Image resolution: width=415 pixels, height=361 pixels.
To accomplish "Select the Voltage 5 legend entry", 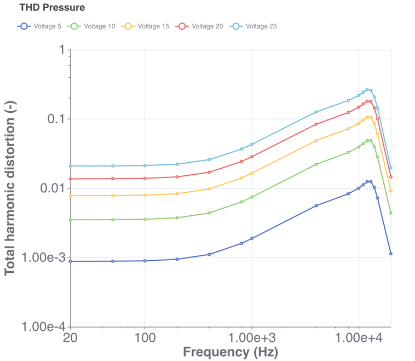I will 39,26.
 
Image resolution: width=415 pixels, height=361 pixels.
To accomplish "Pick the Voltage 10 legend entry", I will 93,26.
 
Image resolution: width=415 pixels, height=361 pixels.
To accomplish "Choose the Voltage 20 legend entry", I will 201,26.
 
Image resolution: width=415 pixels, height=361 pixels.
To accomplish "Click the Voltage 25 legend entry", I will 255,26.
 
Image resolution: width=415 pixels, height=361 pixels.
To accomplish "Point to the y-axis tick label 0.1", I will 54,119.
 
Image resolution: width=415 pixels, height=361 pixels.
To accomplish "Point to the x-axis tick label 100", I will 145,337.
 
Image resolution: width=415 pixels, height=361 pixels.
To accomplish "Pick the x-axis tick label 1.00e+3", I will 252,337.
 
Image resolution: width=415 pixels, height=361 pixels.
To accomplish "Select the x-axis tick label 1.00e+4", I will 359,337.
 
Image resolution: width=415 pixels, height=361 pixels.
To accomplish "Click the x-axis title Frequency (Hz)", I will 230,352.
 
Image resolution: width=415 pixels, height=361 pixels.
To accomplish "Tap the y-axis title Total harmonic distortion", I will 10,188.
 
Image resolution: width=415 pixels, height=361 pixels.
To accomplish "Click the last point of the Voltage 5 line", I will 391,254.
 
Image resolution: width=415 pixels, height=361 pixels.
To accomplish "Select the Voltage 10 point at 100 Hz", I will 145,219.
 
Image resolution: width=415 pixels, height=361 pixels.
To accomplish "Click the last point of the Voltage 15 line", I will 391,191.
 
